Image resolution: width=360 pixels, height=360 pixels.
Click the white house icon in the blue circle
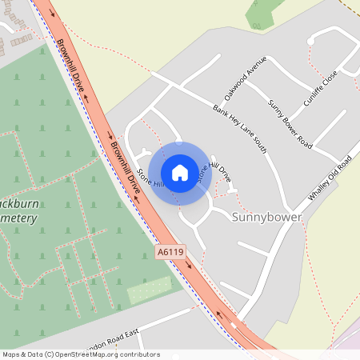coord(180,172)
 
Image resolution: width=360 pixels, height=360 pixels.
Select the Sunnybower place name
coord(268,218)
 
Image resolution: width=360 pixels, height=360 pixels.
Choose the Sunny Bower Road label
coord(290,119)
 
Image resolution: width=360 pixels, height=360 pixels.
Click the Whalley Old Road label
coord(330,179)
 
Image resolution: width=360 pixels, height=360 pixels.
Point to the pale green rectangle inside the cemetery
coord(150,290)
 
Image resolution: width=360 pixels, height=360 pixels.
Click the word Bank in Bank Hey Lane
coord(219,110)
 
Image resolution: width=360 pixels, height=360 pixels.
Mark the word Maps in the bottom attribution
coord(12,354)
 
